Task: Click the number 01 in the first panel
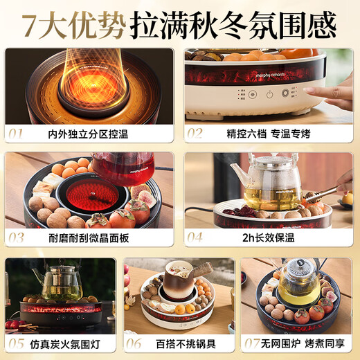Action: (x=17, y=132)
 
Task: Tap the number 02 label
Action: (x=197, y=132)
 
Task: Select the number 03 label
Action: (x=17, y=237)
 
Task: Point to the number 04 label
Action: (x=197, y=237)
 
